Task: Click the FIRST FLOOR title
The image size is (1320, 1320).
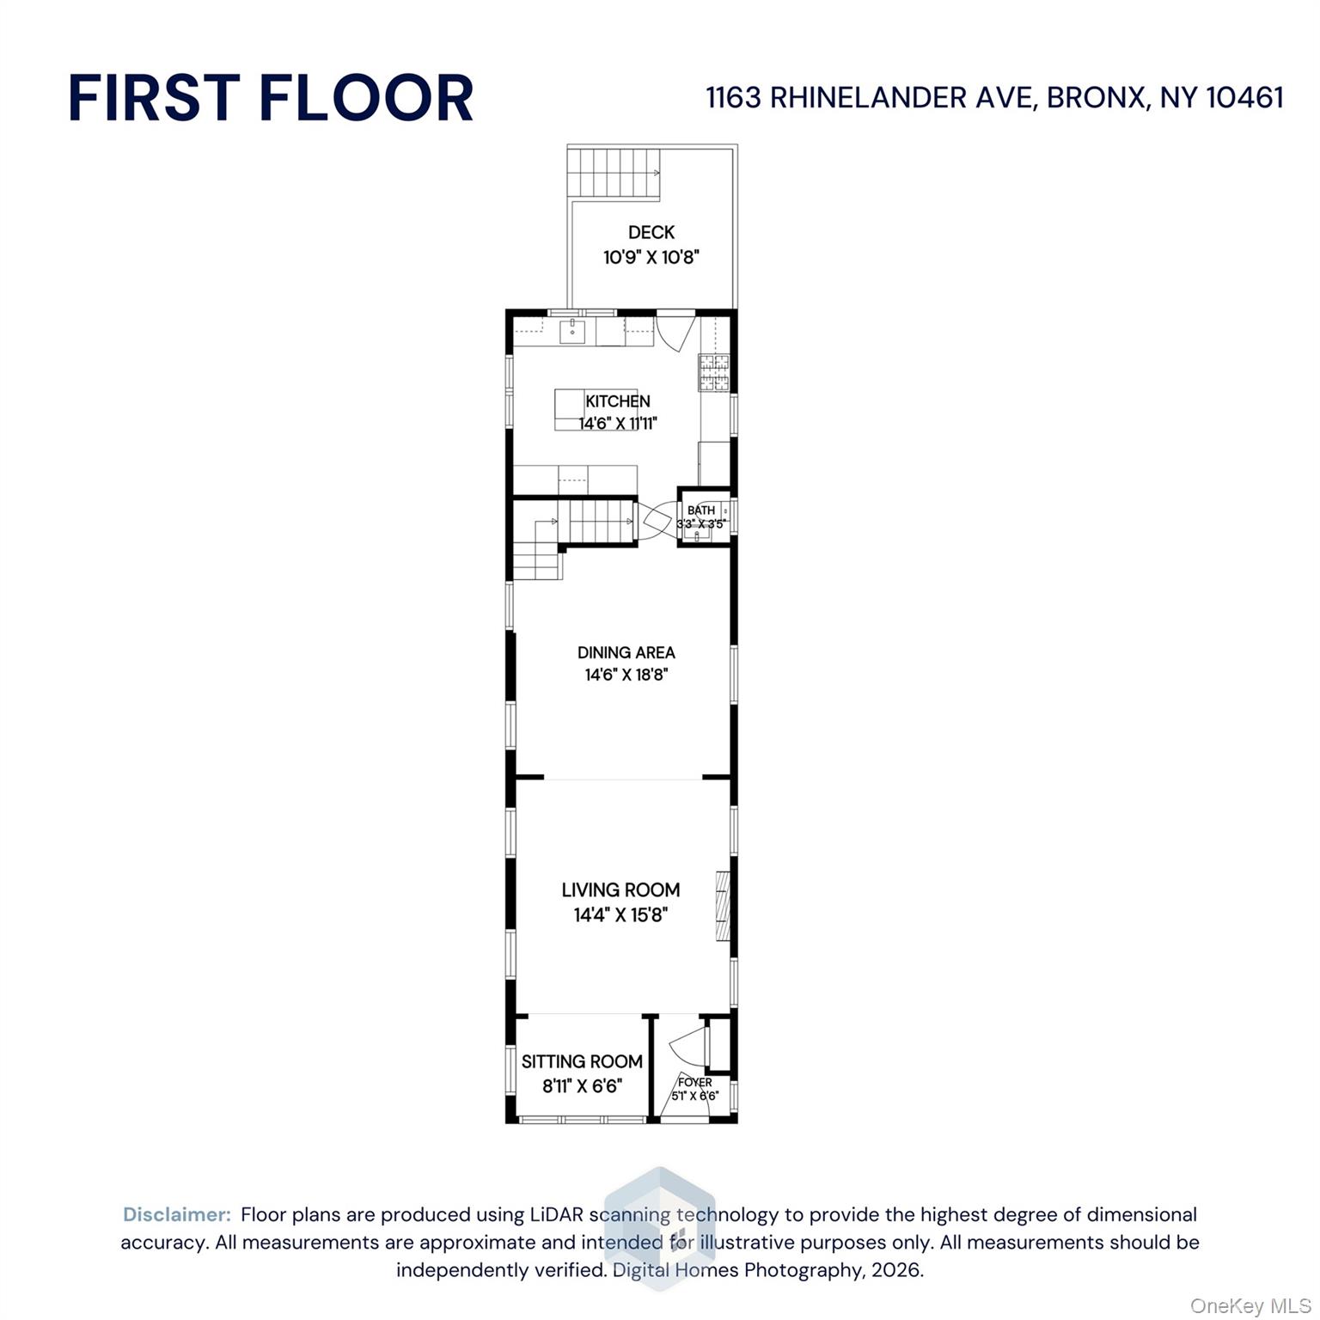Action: [271, 97]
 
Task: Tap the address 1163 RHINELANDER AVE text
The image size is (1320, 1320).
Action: [868, 98]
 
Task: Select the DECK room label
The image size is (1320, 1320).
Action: [651, 232]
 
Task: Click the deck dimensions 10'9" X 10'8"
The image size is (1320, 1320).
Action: [651, 257]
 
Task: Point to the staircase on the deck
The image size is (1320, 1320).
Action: [613, 173]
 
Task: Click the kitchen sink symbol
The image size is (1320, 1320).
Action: [572, 330]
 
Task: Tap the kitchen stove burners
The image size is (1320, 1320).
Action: [712, 372]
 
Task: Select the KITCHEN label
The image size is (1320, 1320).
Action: [617, 400]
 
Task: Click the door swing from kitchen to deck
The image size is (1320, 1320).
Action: [675, 332]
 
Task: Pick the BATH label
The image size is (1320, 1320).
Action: [701, 510]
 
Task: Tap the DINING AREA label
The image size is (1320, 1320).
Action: [626, 652]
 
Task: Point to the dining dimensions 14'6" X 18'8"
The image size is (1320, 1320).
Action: [626, 675]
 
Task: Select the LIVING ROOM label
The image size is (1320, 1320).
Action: [620, 889]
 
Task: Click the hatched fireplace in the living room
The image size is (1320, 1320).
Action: [723, 906]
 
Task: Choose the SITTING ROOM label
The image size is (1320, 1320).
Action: [582, 1061]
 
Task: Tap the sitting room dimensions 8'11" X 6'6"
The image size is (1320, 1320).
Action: [582, 1086]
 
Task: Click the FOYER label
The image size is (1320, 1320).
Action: [694, 1082]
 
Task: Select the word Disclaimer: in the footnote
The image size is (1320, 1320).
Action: [177, 1214]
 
